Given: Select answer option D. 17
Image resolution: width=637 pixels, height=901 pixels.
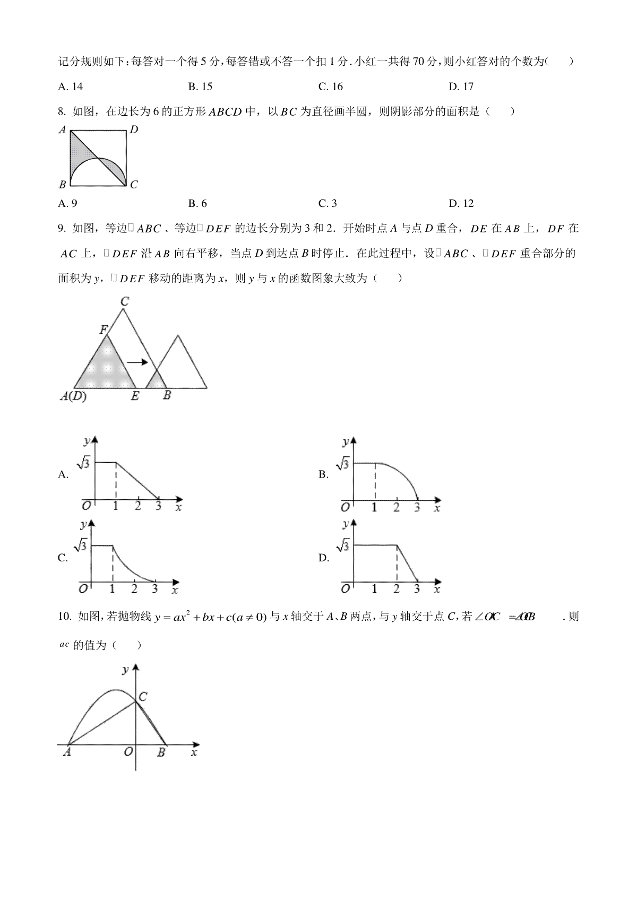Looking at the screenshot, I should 460,86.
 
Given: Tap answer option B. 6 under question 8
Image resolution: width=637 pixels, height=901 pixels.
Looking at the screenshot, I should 197,203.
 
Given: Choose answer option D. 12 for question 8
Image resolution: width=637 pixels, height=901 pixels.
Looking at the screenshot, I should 460,203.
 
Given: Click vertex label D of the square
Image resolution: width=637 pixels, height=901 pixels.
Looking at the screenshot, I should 134,129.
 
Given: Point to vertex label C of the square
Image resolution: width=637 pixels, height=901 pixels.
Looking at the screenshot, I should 134,185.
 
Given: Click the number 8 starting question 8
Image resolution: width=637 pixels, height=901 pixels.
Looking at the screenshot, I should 62,111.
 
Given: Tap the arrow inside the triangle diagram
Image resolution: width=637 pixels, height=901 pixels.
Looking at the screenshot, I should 137,362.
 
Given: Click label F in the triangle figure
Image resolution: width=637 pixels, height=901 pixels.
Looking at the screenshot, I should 104,330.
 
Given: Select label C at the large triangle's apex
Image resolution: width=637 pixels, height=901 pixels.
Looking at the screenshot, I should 124,301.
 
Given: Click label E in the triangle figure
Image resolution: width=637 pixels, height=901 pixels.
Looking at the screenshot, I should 135,396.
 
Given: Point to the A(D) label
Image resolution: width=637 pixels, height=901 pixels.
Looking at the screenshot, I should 73,396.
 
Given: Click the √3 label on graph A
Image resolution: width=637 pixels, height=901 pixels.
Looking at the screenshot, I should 84,463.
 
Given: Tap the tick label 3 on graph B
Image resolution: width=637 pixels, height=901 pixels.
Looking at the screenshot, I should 417,507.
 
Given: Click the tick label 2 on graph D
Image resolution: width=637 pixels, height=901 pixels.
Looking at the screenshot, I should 397,588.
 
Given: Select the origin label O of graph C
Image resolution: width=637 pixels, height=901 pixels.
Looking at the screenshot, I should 83,588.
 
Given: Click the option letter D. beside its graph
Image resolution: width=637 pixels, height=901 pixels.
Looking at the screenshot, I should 324,558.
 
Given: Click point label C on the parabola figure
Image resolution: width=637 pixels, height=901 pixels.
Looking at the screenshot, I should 143,697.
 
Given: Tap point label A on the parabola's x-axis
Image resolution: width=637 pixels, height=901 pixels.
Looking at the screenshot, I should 67,752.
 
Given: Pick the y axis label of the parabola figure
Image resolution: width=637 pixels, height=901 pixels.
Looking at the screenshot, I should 126,670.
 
